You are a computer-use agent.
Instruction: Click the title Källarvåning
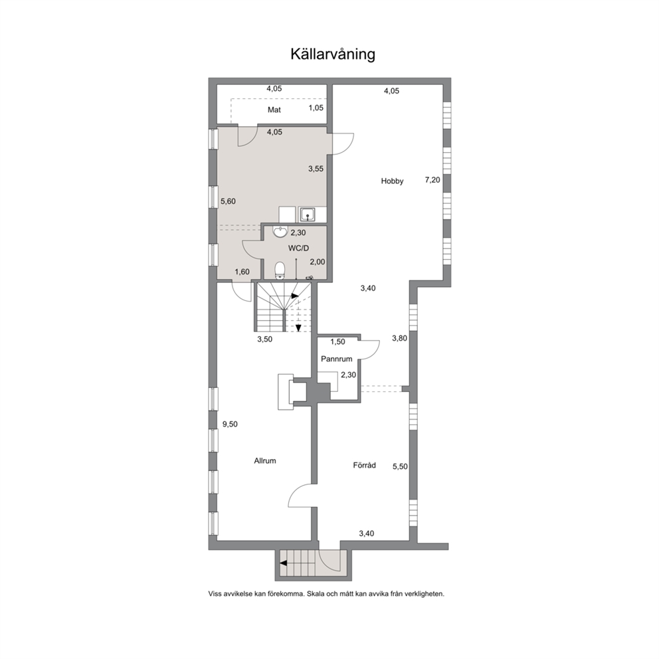coord(332,54)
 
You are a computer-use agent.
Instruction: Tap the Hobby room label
coord(392,181)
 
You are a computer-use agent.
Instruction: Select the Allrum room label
coord(265,460)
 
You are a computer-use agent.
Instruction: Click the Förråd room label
coord(365,465)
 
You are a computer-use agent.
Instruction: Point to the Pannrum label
coord(336,359)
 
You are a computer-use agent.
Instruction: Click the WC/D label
coord(298,248)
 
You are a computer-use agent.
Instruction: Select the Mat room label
coord(274,110)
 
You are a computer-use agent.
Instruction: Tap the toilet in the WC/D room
coord(280,270)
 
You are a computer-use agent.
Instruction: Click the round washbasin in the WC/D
coord(280,232)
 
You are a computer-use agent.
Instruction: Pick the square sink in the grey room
coord(309,215)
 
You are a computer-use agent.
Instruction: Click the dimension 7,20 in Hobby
coord(432,180)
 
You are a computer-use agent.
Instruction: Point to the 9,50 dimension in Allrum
coord(230,424)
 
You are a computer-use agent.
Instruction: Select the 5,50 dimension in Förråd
coord(400,466)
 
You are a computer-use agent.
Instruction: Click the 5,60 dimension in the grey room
coord(229,201)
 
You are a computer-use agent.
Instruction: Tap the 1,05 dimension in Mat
coord(316,108)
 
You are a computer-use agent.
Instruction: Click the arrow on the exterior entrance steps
coord(284,563)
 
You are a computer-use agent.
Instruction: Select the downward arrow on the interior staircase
coord(298,328)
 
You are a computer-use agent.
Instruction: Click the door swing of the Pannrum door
coord(371,349)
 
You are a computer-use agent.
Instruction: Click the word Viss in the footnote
coord(215,594)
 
